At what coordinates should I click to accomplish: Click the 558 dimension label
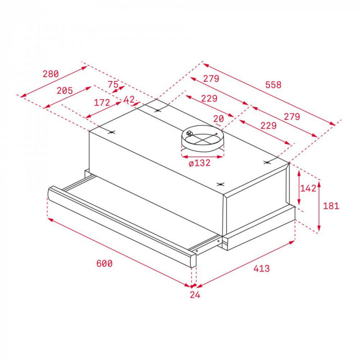[274, 85]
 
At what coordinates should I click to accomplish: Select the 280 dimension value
[50, 74]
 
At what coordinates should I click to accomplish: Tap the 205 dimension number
[64, 91]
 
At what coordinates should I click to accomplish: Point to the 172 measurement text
[102, 103]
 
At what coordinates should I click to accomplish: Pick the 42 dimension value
[129, 99]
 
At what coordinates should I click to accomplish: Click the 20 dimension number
[219, 119]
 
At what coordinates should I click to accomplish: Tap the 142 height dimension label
[308, 188]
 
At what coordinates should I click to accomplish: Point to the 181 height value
[331, 206]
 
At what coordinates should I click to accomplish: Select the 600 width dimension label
[104, 264]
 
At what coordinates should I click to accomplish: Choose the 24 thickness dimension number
[194, 295]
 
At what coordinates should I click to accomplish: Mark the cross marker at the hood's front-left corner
[112, 133]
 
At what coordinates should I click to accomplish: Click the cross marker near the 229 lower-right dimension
[267, 163]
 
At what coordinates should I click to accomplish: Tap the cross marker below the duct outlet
[220, 184]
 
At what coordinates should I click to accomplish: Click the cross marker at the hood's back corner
[158, 109]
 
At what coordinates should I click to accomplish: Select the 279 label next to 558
[211, 79]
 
